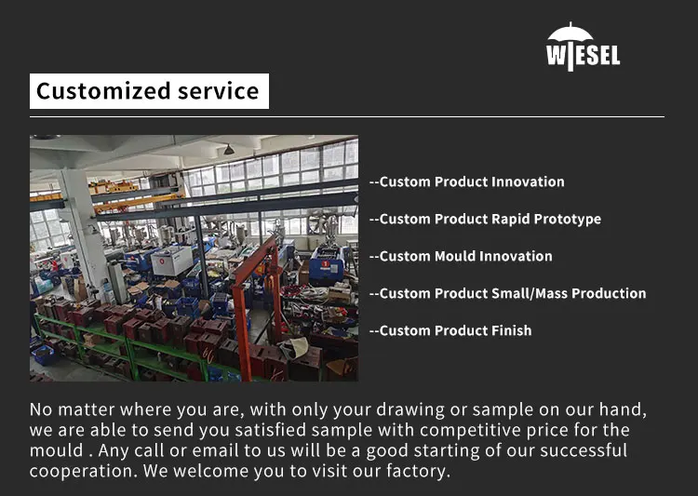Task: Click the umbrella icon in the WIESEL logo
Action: (x=570, y=33)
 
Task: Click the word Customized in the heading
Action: (x=103, y=91)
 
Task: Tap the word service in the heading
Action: (x=218, y=91)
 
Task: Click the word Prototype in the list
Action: (x=567, y=219)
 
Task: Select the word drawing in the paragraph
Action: (x=410, y=409)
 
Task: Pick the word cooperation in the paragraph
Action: (x=81, y=471)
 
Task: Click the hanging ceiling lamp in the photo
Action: (x=229, y=149)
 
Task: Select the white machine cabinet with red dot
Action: (x=172, y=261)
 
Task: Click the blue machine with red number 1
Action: (x=327, y=266)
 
